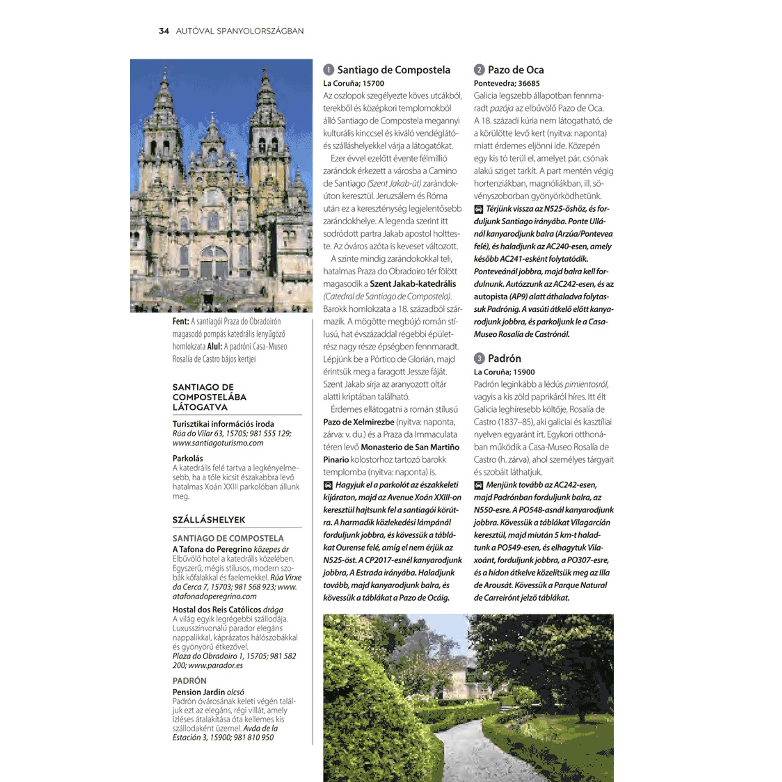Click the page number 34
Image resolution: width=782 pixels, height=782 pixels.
[164, 31]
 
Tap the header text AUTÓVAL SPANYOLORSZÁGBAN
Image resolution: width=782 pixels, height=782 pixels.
[240, 31]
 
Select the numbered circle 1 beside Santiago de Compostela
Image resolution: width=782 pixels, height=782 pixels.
[328, 70]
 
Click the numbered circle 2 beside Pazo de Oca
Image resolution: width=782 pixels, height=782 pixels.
[479, 70]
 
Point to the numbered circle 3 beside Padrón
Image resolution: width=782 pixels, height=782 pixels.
[479, 358]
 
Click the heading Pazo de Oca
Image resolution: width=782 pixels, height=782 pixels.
[516, 70]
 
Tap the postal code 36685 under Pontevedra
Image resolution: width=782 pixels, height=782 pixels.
[529, 84]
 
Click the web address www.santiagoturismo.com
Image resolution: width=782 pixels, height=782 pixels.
[218, 443]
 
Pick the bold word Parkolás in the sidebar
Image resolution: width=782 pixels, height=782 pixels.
[187, 458]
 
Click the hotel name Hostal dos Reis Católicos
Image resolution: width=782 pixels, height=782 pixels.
[216, 610]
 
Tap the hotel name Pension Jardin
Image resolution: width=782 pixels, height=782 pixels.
[198, 692]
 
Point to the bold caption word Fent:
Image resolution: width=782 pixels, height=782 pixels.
[181, 321]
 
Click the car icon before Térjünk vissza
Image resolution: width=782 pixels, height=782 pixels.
[478, 209]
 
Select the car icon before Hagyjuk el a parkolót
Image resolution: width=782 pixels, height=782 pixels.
[328, 485]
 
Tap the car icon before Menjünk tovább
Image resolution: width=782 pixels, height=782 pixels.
[478, 485]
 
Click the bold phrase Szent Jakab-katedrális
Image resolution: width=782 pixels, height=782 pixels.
[412, 284]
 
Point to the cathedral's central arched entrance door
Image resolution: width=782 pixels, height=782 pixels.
[214, 263]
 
